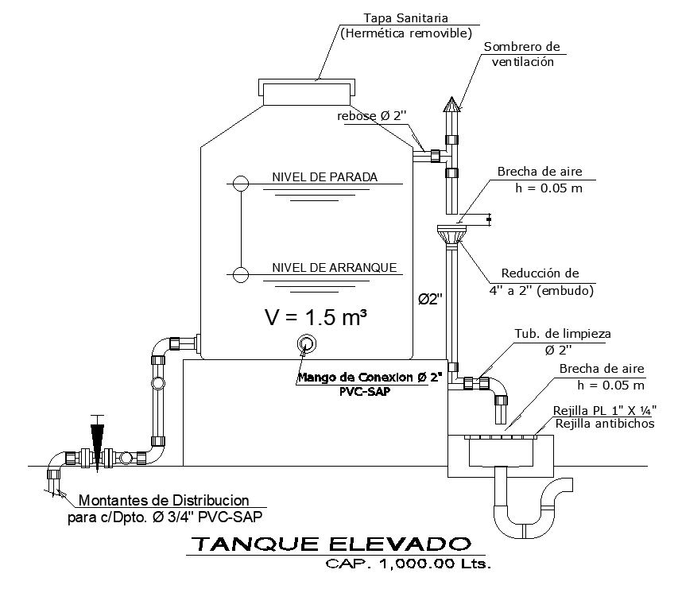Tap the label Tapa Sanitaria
click(x=405, y=17)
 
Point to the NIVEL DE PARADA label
click(x=324, y=176)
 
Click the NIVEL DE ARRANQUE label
click(x=334, y=267)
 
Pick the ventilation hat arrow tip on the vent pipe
click(x=451, y=103)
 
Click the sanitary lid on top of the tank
click(x=304, y=91)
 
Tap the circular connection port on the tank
click(x=306, y=343)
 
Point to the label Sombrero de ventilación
click(x=521, y=54)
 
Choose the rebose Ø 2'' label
click(x=372, y=116)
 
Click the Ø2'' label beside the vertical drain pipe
click(x=430, y=300)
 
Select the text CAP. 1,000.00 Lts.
click(x=409, y=565)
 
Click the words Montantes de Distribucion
click(x=164, y=501)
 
